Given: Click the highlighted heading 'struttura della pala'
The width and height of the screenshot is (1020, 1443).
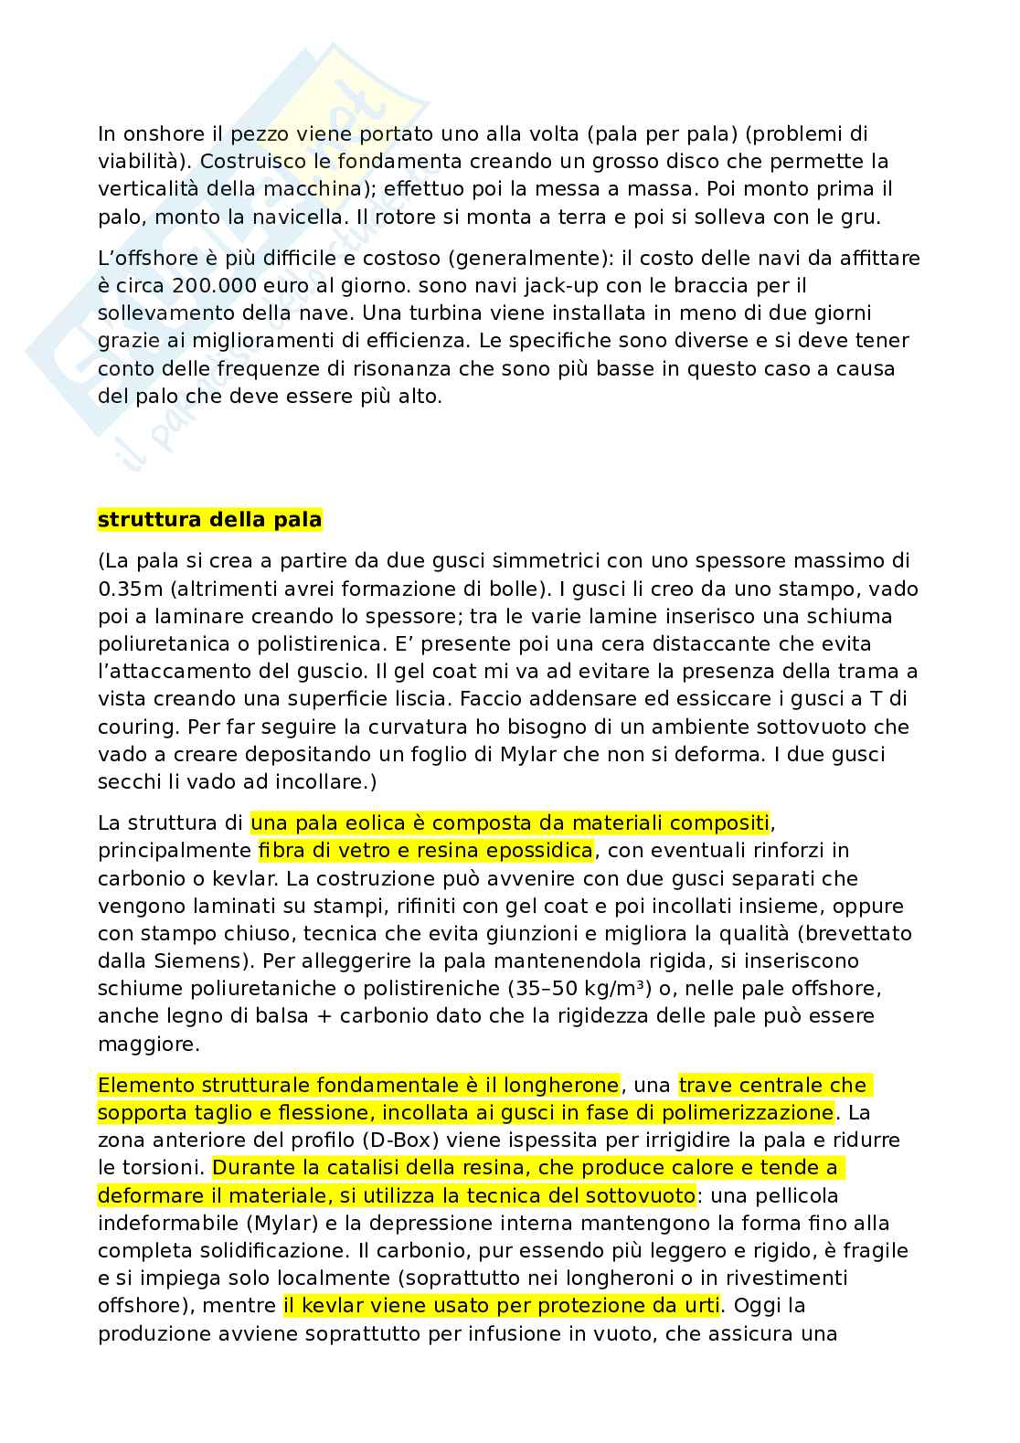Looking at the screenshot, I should [x=209, y=520].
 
